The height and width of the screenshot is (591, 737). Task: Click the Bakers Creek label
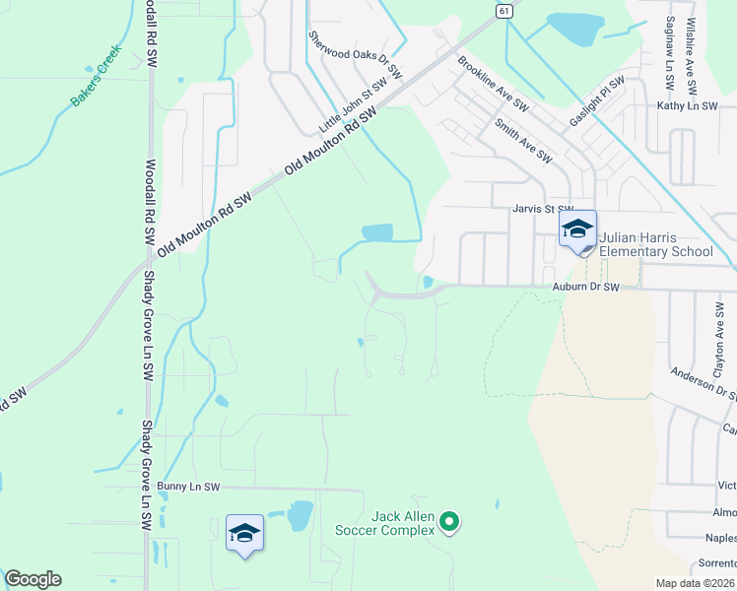96,76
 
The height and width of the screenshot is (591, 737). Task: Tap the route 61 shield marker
503,10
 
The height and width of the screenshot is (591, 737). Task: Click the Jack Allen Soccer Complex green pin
449,520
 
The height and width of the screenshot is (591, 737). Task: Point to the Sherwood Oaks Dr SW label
356,54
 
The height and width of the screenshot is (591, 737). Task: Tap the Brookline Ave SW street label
494,83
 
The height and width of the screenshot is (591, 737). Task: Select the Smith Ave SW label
523,141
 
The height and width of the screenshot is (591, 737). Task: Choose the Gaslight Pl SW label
597,102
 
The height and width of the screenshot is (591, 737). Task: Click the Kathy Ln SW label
690,104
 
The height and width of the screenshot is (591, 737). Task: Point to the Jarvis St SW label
542,209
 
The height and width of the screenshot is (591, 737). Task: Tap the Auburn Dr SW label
584,287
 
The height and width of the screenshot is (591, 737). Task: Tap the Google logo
33,579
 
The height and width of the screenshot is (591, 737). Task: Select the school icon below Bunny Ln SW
244,534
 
